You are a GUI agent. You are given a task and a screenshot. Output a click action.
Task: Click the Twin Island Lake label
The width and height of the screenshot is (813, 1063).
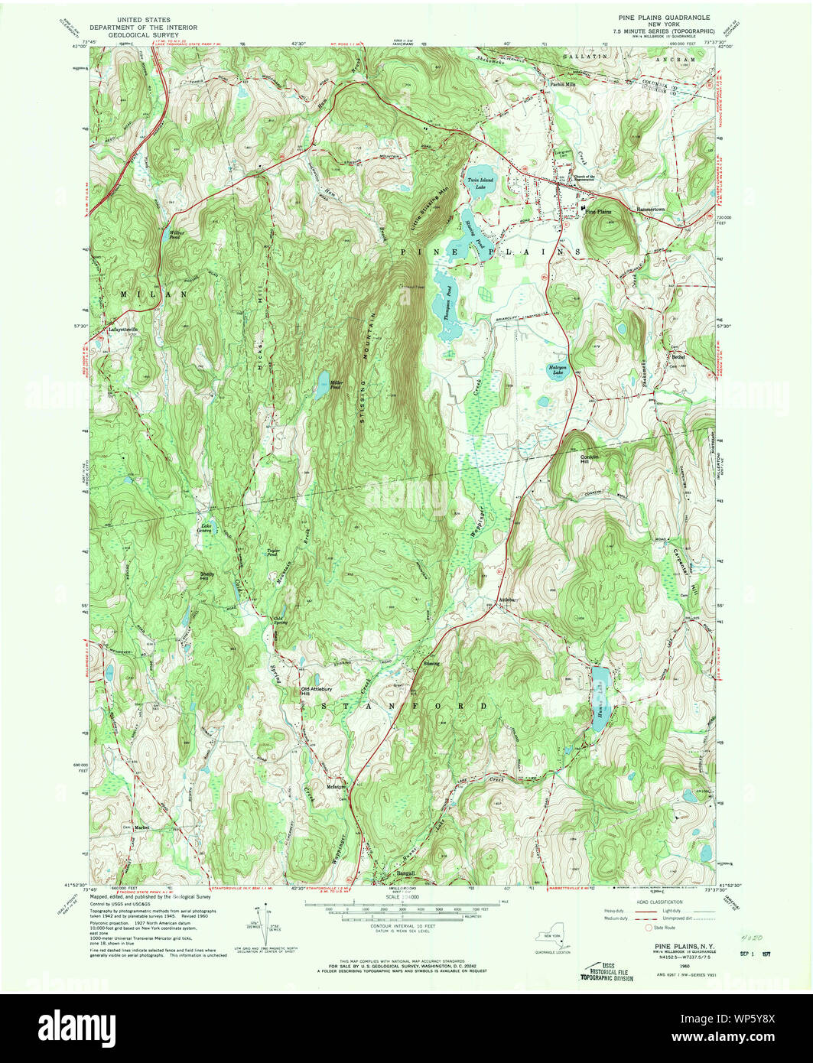click(x=480, y=183)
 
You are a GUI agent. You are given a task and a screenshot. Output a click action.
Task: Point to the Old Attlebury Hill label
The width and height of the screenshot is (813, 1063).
click(x=315, y=690)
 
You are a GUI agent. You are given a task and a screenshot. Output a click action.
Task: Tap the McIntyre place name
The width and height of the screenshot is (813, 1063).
click(x=337, y=786)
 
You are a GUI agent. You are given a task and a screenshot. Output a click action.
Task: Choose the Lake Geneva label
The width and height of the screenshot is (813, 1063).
click(x=206, y=528)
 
